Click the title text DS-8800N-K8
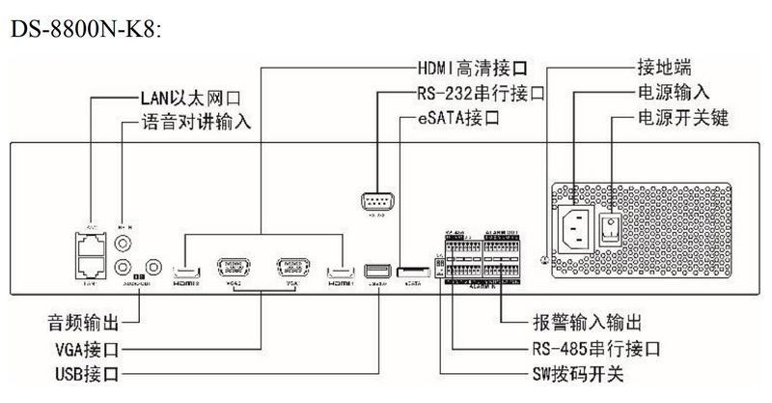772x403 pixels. (x=84, y=29)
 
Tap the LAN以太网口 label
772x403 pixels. (x=184, y=98)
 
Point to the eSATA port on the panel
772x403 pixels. (x=413, y=272)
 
